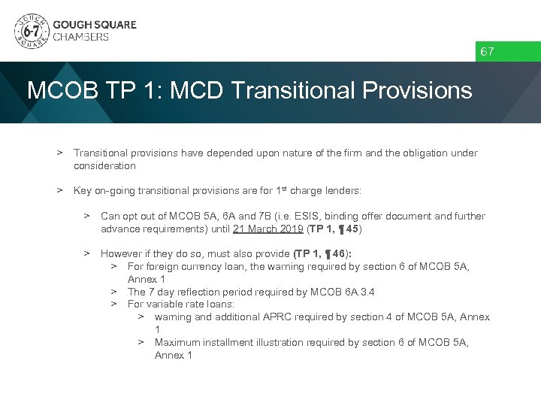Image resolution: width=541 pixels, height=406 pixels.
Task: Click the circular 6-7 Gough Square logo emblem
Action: point(31,31)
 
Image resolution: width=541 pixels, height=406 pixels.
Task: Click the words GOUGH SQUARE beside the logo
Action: point(95,24)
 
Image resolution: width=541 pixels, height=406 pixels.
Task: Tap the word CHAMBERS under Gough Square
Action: point(80,37)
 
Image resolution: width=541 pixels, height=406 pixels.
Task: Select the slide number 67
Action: point(488,52)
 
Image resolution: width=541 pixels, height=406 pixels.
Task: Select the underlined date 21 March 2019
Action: point(267,229)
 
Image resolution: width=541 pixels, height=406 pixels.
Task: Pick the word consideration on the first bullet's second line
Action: point(104,165)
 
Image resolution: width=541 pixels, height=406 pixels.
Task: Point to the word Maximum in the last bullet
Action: point(177,342)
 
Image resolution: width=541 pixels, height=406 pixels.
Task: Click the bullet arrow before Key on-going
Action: point(59,191)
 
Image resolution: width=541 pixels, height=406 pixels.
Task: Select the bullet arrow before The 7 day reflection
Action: point(114,292)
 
